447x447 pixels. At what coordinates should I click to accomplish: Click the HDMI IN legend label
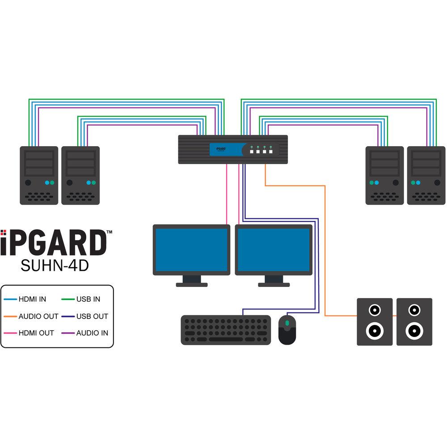32,299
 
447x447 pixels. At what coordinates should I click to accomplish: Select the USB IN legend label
88,299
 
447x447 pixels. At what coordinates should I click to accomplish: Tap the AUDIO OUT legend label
38,316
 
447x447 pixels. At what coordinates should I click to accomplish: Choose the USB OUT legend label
92,316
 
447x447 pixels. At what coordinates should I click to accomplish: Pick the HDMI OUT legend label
36,333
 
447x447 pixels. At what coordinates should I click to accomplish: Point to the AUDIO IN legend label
92,333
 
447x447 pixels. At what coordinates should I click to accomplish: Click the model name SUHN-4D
55,265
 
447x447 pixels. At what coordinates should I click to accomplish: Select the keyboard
226,330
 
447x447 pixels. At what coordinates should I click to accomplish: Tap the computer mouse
287,329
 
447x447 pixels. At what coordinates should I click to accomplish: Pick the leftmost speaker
375,322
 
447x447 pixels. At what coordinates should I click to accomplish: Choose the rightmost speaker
414,322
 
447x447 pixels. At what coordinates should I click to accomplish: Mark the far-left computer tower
39,175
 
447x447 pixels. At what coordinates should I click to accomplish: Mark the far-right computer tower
426,175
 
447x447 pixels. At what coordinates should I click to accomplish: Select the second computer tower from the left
80,175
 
